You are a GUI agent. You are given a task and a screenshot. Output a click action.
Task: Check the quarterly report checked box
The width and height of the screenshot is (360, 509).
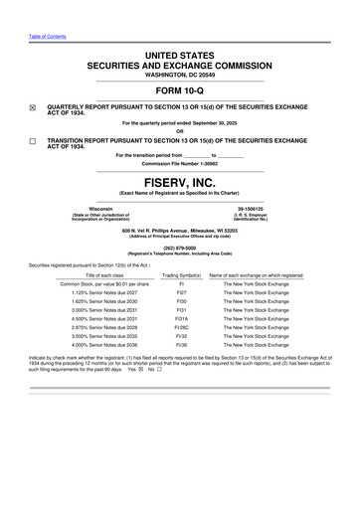(x=32, y=102)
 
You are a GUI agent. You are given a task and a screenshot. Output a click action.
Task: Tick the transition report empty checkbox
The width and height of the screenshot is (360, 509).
(x=32, y=142)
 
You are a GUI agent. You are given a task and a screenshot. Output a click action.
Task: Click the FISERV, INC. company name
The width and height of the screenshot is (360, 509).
(x=179, y=183)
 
